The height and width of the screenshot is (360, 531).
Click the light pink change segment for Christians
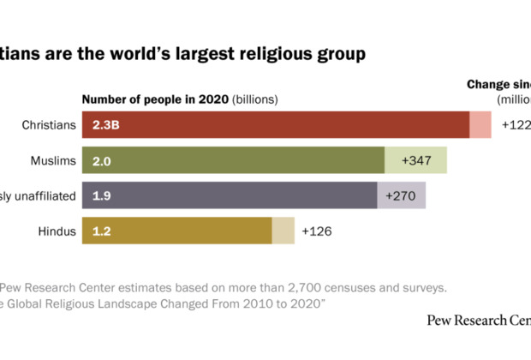pyautogui.click(x=480, y=125)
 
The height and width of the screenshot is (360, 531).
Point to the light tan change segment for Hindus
pyautogui.click(x=283, y=231)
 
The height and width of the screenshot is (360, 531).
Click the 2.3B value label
pyautogui.click(x=106, y=125)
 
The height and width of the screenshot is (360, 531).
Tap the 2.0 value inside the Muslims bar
pyautogui.click(x=102, y=160)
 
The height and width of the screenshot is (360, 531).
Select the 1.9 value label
pyautogui.click(x=101, y=195)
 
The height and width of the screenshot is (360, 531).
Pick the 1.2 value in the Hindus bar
pyautogui.click(x=101, y=231)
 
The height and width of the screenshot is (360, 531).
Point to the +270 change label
pyautogui.click(x=400, y=195)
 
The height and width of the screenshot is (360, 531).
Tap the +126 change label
pyautogui.click(x=316, y=231)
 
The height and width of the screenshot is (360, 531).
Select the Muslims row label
pyautogui.click(x=53, y=160)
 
